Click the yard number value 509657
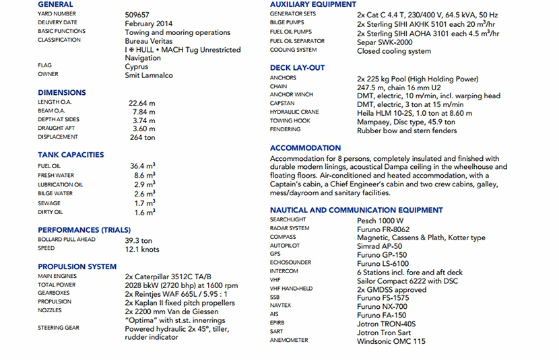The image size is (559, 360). tap(137, 14)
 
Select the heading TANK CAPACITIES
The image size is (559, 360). tap(71, 155)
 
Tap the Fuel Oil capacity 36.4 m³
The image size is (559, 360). tap(143, 166)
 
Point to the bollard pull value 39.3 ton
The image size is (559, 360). tap(139, 240)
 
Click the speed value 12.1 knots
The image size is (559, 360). tap(142, 250)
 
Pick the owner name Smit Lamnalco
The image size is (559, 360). tap(149, 75)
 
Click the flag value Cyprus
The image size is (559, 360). tap(137, 67)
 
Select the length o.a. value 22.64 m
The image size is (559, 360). tap(142, 103)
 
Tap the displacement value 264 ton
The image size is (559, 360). tap(142, 137)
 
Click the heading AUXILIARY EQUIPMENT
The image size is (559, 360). tap(313, 5)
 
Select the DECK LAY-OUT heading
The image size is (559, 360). tap(297, 68)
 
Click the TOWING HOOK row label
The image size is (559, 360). tap(290, 121)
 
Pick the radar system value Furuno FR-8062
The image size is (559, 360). tap(383, 229)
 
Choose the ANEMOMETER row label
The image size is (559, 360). tap(290, 341)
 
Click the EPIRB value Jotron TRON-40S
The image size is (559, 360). tap(386, 324)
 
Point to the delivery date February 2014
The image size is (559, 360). tap(149, 24)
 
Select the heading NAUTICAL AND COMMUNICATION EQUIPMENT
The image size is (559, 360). tap(356, 211)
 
